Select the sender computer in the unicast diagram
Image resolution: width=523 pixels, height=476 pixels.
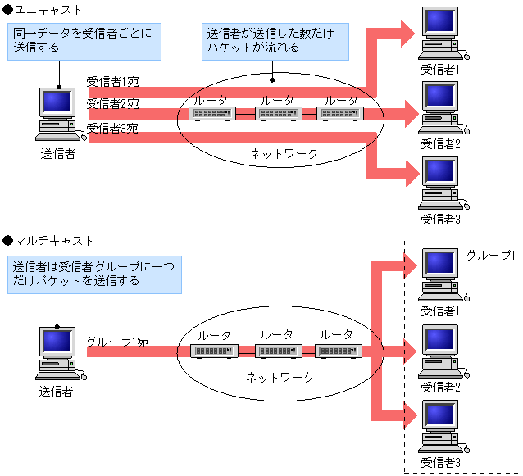pos(58,115)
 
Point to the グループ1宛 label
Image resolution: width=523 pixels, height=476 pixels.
pos(117,340)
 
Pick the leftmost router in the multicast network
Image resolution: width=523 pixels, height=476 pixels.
pos(214,351)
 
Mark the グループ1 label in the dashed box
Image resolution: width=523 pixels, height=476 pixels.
pos(490,255)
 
